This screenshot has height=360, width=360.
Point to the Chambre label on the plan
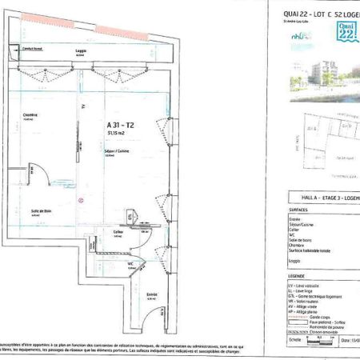pos(30,113)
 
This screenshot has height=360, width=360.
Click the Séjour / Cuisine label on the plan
pos(118,151)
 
